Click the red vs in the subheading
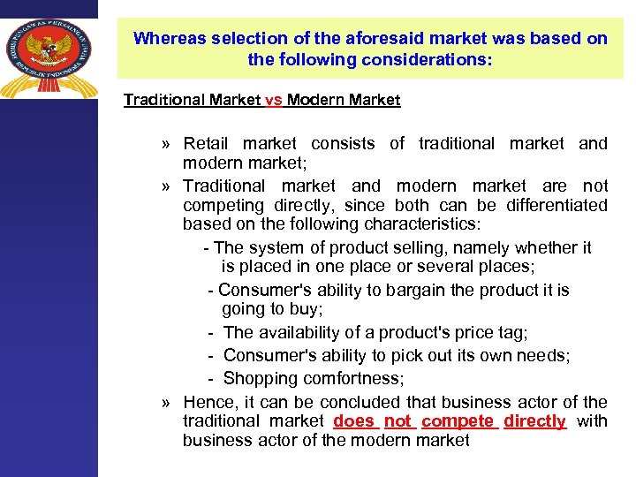(273, 100)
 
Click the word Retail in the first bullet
(205, 143)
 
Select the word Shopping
(260, 378)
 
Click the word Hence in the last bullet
(206, 402)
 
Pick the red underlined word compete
(459, 421)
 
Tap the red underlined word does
(354, 421)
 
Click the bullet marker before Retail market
(166, 144)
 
